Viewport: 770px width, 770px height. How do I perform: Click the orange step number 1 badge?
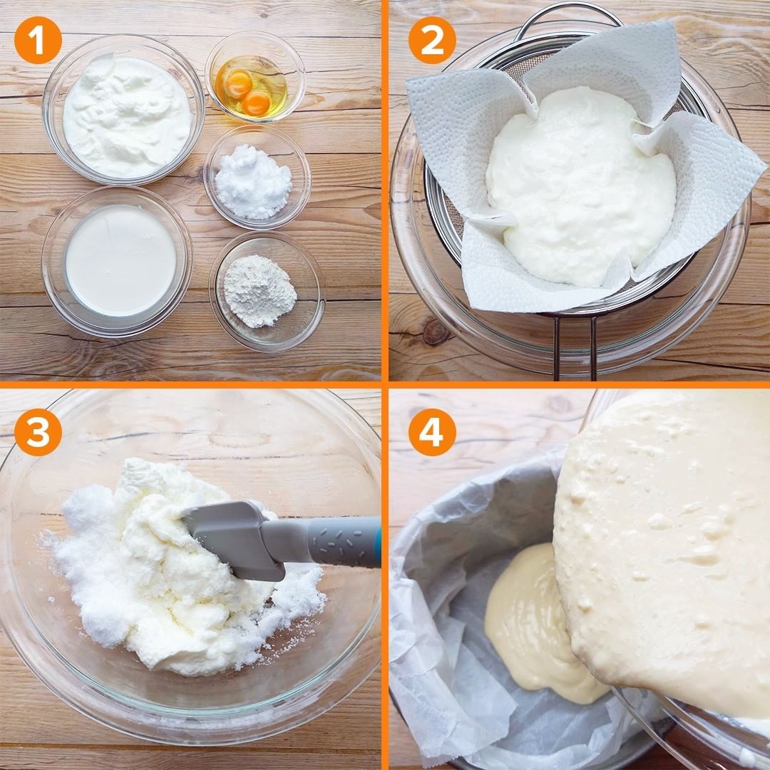click(38, 40)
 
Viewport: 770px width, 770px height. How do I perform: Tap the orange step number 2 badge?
click(432, 40)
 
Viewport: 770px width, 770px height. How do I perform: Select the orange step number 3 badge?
click(38, 432)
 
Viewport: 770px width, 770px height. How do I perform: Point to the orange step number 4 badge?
click(432, 432)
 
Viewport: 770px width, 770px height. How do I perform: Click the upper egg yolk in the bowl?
click(238, 83)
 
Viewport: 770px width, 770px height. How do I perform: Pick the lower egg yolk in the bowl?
click(257, 103)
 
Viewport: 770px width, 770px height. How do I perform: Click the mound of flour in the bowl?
click(260, 291)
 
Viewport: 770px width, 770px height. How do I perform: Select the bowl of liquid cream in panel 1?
click(117, 261)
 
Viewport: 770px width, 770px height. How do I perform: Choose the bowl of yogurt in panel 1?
click(123, 110)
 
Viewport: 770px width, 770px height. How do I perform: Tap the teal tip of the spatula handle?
click(378, 541)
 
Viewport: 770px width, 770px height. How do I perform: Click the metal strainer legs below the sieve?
click(575, 346)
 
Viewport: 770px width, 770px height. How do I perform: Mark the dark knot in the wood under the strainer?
click(436, 332)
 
